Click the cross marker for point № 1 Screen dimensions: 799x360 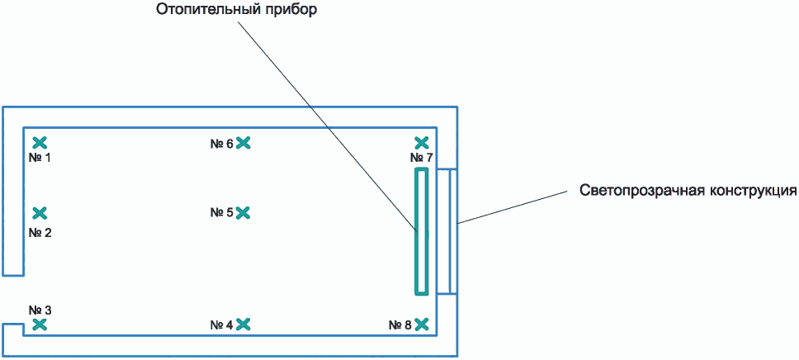click(x=40, y=143)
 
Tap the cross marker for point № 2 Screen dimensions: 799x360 click(x=40, y=213)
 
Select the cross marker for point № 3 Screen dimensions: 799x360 click(x=40, y=324)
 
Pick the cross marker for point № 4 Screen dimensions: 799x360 click(x=243, y=324)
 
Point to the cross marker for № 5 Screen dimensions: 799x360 click(x=243, y=213)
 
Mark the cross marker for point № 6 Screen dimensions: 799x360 click(x=243, y=143)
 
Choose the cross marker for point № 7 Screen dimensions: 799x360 click(x=422, y=143)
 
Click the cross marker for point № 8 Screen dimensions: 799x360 click(x=422, y=324)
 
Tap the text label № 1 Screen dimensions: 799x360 click(x=40, y=158)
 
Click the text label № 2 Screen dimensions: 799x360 click(x=40, y=233)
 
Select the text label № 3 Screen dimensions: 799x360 click(x=40, y=310)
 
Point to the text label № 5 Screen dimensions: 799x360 click(x=222, y=212)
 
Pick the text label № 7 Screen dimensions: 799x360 click(x=422, y=158)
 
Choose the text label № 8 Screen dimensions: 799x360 click(x=400, y=324)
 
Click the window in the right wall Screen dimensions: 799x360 click(x=447, y=231)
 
